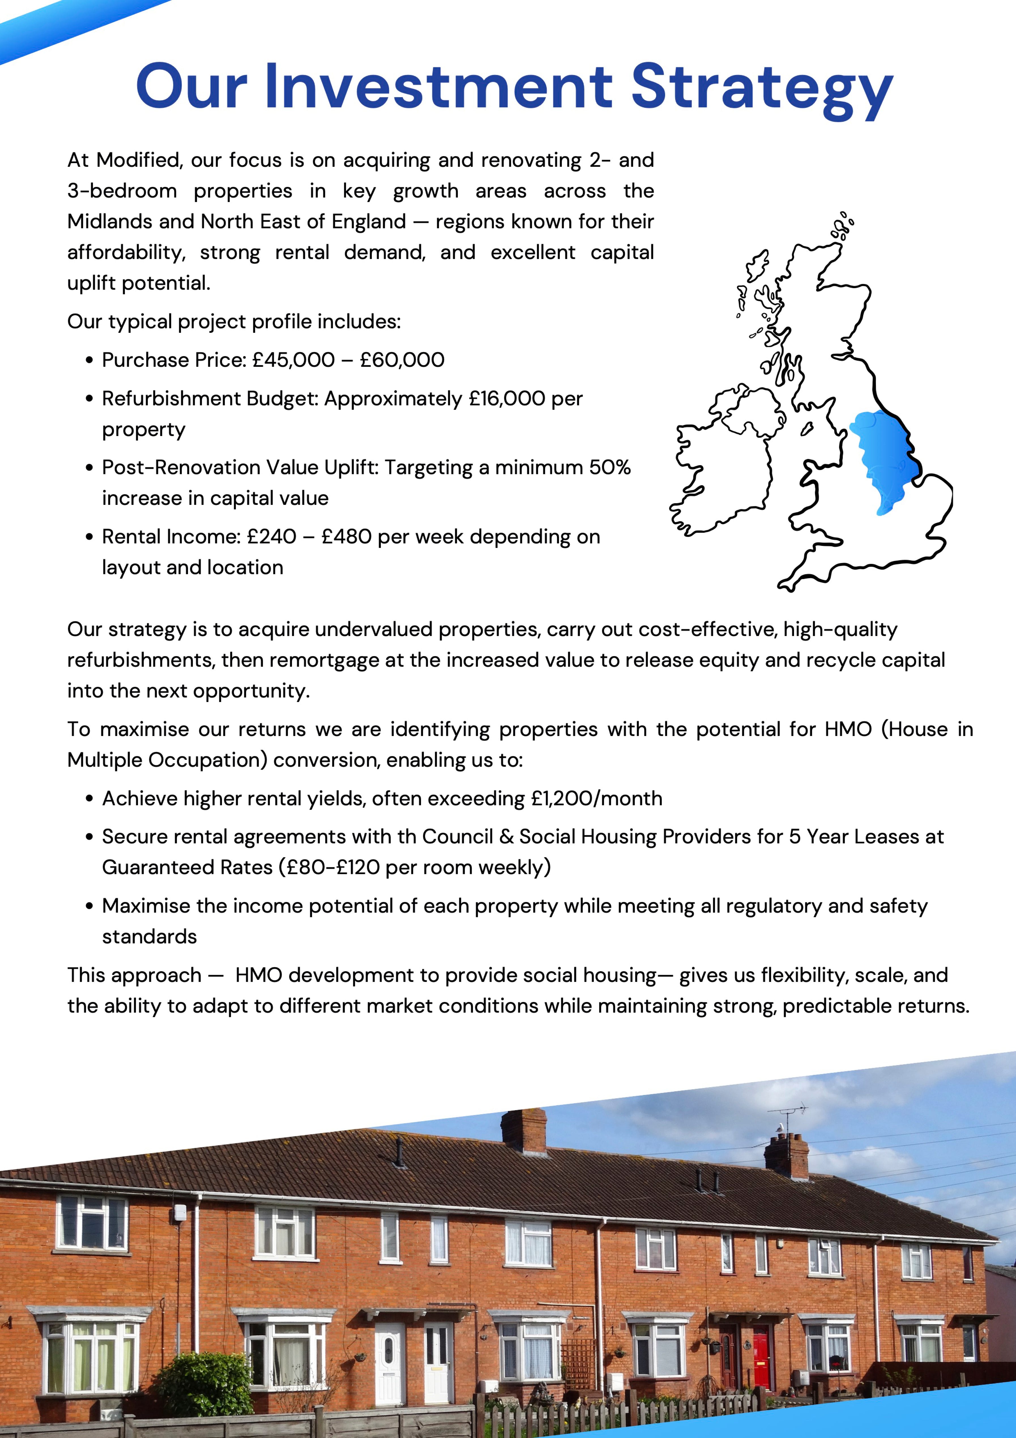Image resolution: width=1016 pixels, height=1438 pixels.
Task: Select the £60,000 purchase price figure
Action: coord(402,360)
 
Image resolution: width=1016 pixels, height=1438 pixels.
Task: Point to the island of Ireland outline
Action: coord(726,463)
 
